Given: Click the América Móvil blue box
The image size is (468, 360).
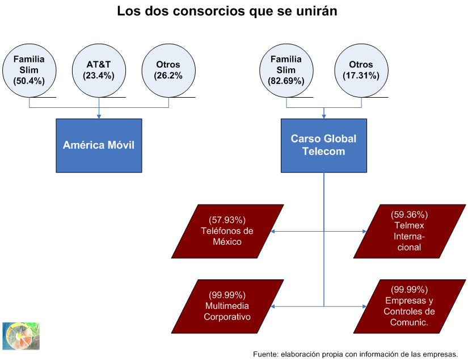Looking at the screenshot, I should coord(99,145).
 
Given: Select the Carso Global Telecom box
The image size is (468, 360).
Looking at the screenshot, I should coord(323,145).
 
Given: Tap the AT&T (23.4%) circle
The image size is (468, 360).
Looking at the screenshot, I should coord(99,70).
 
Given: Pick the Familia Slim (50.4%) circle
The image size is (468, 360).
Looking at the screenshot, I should coord(29,70).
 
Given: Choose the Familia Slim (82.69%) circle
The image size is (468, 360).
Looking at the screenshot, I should coord(286,70).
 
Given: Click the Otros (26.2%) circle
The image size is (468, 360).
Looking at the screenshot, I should coord(168,70).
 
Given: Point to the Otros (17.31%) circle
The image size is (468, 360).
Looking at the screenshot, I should coord(361,70).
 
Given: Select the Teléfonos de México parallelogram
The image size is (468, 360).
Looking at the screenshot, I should coord(227,231).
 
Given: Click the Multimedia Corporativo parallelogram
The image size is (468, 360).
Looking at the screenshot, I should coord(227,306).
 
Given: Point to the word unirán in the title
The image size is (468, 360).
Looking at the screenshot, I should coord(318,11).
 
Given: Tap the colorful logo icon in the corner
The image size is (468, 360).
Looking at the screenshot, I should coord(21,336).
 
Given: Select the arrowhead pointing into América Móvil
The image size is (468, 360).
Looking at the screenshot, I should coord(99,116).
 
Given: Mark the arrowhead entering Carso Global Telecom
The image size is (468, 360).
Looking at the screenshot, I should coord(323,116).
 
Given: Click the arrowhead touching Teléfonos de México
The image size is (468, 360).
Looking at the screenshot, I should coord(273,232).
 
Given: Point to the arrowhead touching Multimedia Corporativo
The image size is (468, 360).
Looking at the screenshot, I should coord(273,307).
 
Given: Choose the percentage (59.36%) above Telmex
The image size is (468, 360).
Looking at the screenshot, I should coord(409,215).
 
